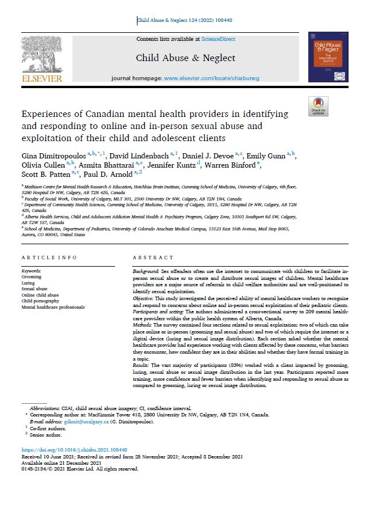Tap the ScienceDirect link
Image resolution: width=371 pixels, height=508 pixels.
click(219, 39)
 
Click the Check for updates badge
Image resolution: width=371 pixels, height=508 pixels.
click(318, 107)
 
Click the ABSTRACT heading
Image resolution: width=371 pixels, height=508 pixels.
click(152, 258)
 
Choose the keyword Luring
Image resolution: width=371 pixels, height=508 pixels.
click(28, 282)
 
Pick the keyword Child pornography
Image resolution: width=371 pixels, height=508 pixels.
click(40, 301)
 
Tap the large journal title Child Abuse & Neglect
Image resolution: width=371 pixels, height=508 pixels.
click(185, 58)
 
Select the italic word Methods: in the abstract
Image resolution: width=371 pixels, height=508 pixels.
click(144, 325)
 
